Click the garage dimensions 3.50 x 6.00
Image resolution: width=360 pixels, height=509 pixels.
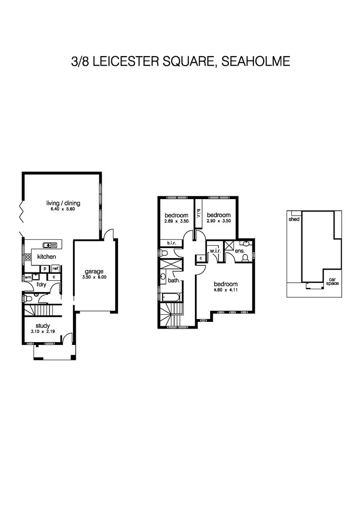(95, 278)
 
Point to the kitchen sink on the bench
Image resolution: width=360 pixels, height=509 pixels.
(50, 245)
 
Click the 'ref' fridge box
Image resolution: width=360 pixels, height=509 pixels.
(55, 269)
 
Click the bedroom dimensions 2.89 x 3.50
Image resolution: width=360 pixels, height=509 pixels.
(176, 221)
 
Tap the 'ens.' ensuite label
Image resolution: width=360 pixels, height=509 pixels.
(239, 251)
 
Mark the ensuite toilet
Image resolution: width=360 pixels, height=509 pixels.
(246, 258)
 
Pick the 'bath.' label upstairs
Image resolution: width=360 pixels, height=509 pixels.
(174, 280)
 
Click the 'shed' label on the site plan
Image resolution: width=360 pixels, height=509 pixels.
(294, 219)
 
